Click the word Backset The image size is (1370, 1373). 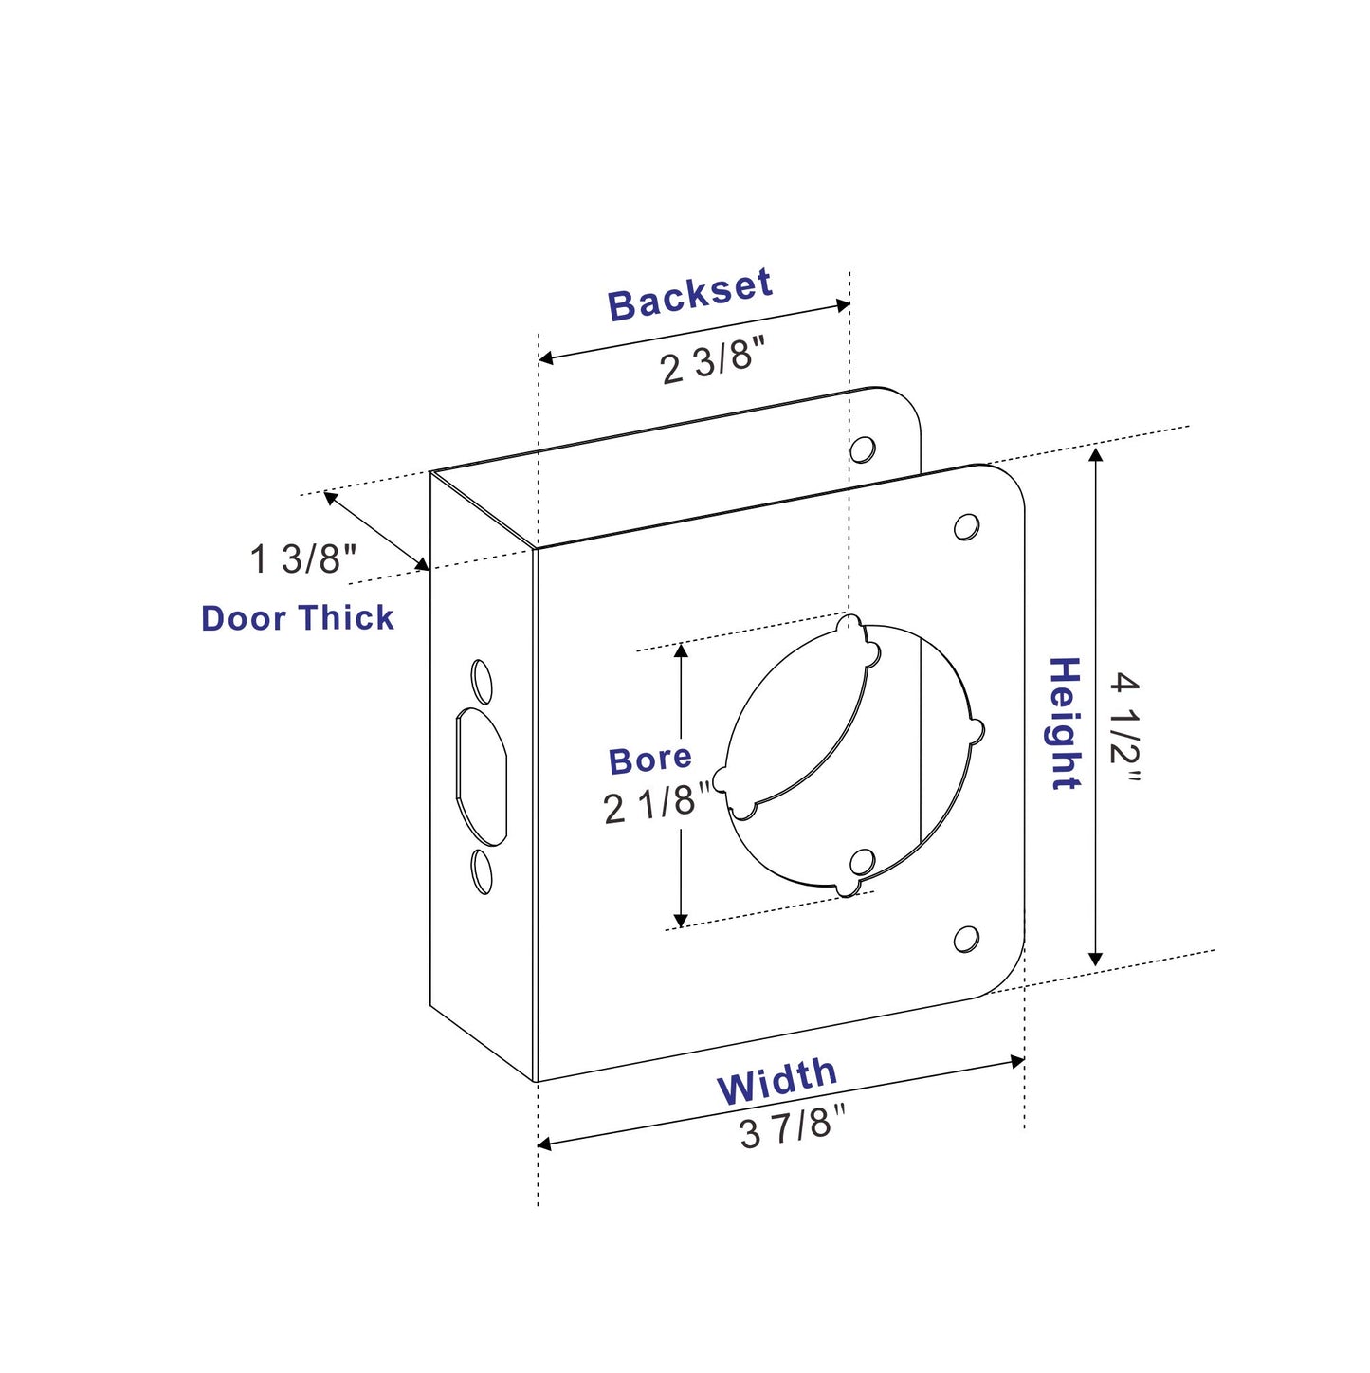(689, 294)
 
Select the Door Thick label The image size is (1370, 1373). (297, 617)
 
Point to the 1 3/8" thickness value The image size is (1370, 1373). (302, 558)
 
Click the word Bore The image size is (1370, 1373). (649, 760)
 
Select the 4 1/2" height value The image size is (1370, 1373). (1124, 727)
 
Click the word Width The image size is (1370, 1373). (777, 1081)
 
